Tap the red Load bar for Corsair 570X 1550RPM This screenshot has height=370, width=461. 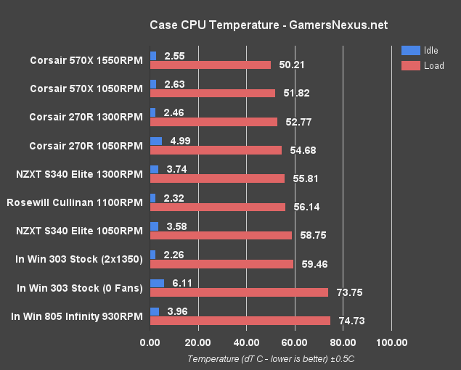click(x=210, y=65)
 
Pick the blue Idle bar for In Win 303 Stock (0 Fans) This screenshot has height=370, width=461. click(x=157, y=283)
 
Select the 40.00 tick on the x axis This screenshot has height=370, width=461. click(x=247, y=342)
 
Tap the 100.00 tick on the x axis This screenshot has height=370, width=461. click(x=392, y=342)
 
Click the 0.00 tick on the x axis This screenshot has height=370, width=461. click(x=150, y=342)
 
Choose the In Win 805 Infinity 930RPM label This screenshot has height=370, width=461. click(x=77, y=316)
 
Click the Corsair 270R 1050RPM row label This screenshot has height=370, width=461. click(x=86, y=145)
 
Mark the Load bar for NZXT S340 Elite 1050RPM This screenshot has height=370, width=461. click(x=221, y=235)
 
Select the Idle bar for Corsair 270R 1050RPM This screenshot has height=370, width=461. click(x=156, y=141)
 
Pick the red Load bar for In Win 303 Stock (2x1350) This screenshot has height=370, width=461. click(x=221, y=263)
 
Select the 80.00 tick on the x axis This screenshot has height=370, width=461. click(x=343, y=342)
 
